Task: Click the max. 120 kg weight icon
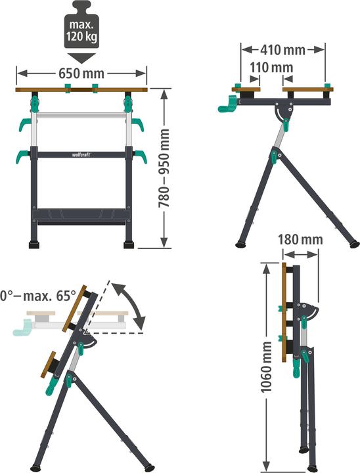click(81, 26)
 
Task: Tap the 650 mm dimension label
click(81, 72)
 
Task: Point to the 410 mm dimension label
click(283, 49)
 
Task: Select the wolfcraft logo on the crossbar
click(81, 155)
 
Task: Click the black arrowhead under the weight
click(81, 58)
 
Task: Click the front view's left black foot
click(34, 245)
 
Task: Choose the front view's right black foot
click(129, 245)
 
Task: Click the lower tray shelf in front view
click(81, 215)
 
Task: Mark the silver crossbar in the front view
click(81, 116)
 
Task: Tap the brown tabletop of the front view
click(81, 89)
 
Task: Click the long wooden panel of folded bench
click(284, 312)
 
